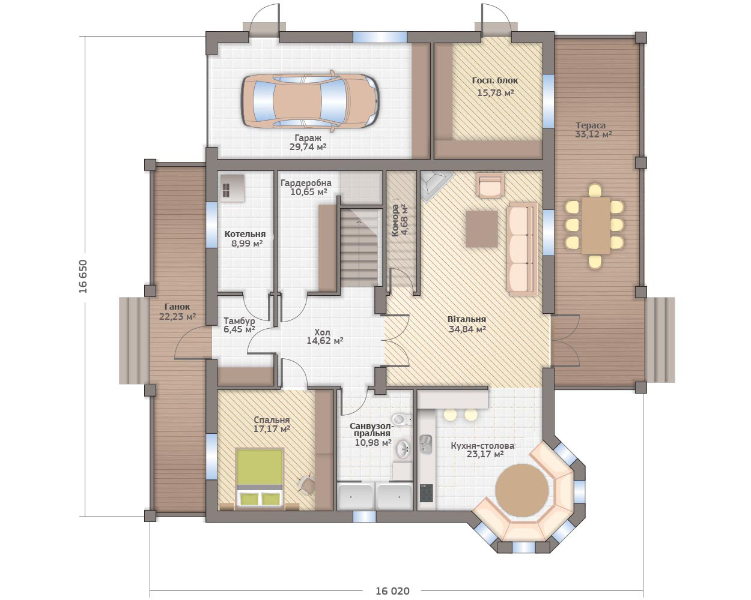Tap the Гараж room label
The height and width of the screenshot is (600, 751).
pos(308,138)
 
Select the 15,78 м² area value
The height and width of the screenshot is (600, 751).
pos(496,93)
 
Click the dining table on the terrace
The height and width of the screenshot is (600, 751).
pos(596,225)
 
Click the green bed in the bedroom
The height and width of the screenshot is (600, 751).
pos(260,477)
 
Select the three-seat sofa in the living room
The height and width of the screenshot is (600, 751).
pos(522,249)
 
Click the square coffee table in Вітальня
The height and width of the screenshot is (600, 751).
pos(482,229)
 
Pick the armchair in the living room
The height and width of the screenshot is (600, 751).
pos(490,185)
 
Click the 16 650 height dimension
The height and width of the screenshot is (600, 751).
pos(83,276)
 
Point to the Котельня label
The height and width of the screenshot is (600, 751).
pos(245,234)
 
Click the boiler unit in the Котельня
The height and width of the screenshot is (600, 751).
pos(232,188)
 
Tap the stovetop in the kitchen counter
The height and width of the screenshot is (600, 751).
pos(427,493)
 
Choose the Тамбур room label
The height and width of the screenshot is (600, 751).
pos(239,320)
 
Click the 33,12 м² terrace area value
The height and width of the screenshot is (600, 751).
pos(593,134)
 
